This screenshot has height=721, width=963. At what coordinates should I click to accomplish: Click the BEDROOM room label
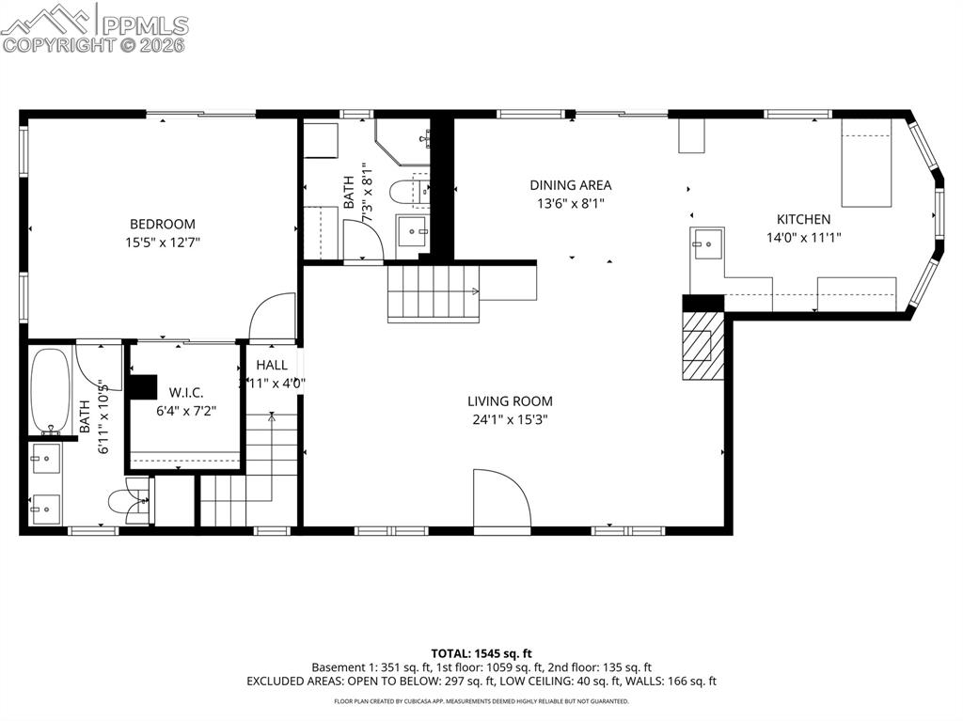[x=163, y=224]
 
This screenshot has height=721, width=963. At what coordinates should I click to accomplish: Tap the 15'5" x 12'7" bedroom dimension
[x=163, y=242]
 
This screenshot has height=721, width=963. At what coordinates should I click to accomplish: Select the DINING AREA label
[x=570, y=185]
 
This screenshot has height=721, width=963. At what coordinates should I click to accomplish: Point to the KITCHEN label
[x=803, y=219]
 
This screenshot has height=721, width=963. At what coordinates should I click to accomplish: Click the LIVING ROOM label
[x=513, y=401]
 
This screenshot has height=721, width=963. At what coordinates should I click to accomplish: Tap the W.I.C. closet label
[x=186, y=392]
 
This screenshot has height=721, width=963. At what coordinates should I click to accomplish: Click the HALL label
[x=272, y=365]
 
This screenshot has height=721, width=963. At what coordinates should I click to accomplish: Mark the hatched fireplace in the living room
[x=699, y=345]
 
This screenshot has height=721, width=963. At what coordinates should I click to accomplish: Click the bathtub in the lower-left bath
[x=50, y=390]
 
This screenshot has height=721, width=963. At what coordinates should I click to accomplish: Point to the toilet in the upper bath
[x=410, y=192]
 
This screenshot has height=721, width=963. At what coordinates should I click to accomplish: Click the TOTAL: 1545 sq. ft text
[x=481, y=653]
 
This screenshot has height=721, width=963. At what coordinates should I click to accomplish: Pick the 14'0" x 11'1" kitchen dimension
[x=803, y=238]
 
